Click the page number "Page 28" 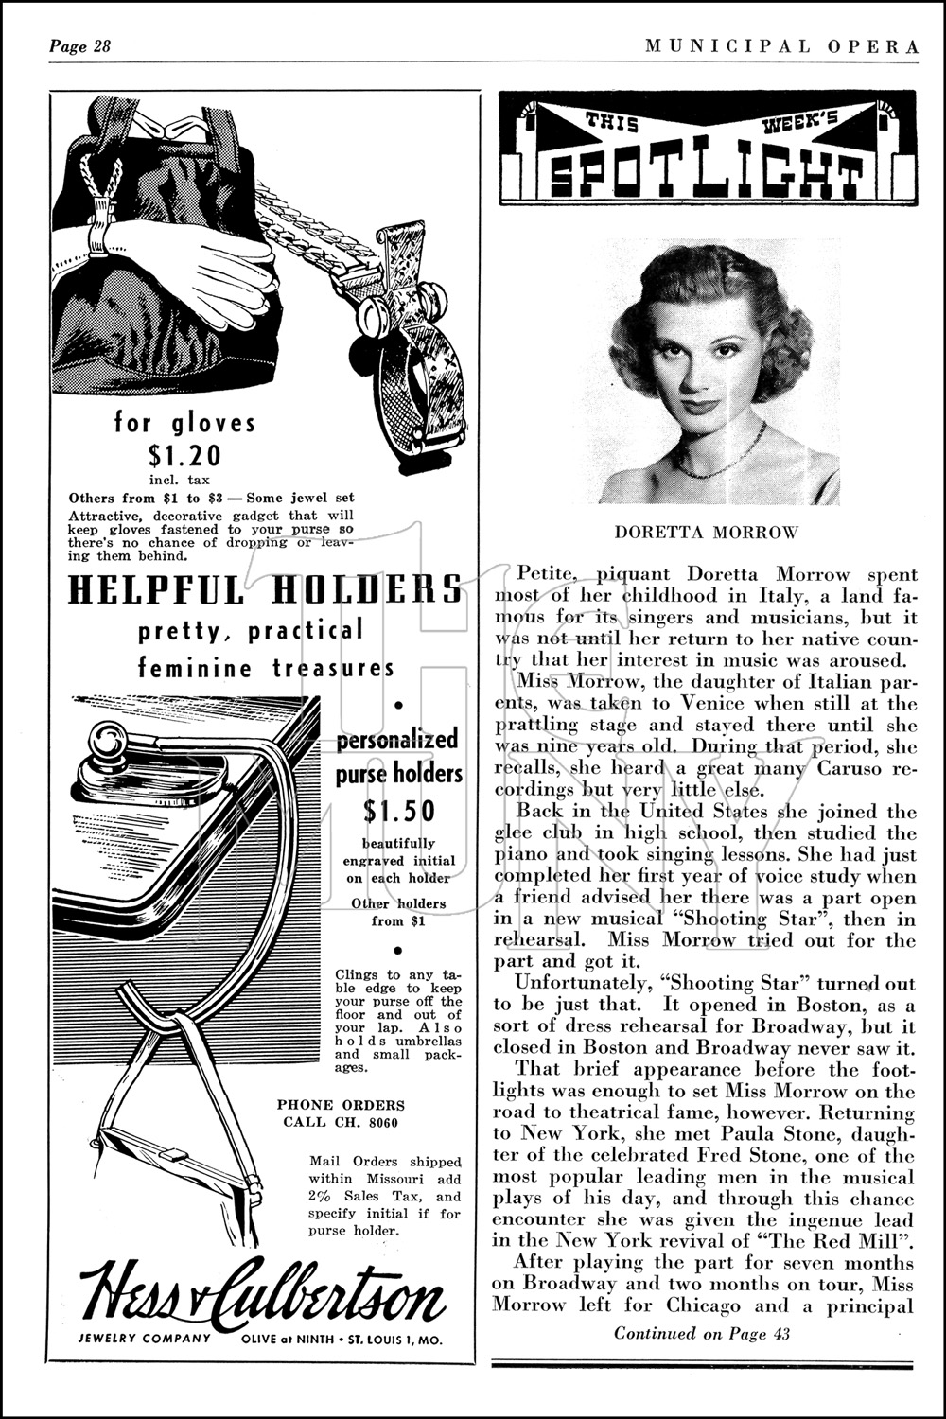[80, 47]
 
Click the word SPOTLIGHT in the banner [707, 174]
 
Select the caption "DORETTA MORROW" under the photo [706, 532]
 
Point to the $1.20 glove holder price [185, 456]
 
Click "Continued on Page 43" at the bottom [702, 1334]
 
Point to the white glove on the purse [218, 270]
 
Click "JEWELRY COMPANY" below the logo [145, 1339]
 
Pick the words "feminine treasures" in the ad [266, 668]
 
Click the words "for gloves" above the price [185, 422]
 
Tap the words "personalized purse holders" [398, 755]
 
